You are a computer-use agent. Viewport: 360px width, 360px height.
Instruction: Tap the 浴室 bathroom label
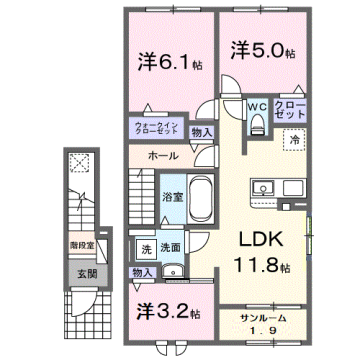point(171,197)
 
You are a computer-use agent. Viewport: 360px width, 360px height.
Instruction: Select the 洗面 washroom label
point(171,247)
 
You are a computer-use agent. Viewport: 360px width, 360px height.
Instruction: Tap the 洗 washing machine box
point(145,247)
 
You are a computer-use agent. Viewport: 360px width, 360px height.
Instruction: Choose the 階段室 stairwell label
point(82,243)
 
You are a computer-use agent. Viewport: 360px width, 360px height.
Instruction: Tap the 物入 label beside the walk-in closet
point(201,131)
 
